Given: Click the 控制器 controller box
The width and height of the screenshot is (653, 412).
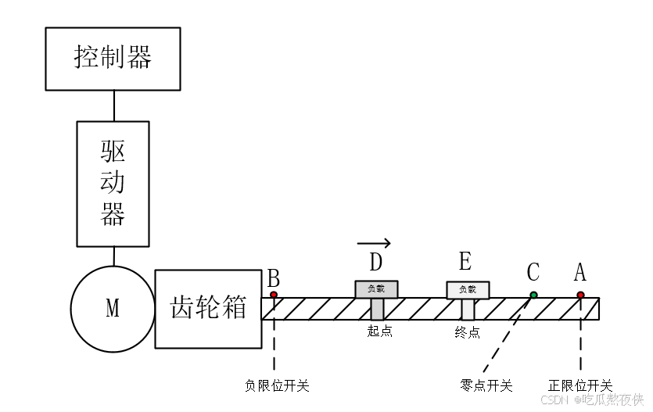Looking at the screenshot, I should pyautogui.click(x=113, y=58).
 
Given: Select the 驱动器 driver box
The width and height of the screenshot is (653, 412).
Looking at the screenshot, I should pyautogui.click(x=113, y=184).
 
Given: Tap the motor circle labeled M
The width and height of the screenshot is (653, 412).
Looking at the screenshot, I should pyautogui.click(x=112, y=308).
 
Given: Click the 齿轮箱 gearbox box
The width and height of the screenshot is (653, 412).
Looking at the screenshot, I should pyautogui.click(x=208, y=309).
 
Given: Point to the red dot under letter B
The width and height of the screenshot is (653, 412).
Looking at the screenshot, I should pyautogui.click(x=274, y=295).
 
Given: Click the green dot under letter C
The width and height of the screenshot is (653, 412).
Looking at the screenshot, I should pyautogui.click(x=533, y=295).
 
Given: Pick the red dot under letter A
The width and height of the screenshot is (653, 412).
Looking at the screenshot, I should pyautogui.click(x=580, y=295).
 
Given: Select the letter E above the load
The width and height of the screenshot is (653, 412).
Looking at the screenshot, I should pyautogui.click(x=465, y=261).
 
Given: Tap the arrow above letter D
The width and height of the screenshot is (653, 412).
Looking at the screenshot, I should pyautogui.click(x=374, y=242).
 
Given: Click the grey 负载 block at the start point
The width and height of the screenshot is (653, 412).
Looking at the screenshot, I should pyautogui.click(x=376, y=289).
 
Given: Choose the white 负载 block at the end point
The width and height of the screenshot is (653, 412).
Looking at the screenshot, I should pyautogui.click(x=468, y=290).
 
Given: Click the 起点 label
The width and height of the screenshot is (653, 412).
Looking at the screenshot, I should pyautogui.click(x=379, y=331).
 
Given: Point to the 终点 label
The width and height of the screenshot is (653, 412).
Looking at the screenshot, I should pyautogui.click(x=467, y=332).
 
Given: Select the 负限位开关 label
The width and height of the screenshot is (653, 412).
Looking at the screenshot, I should pyautogui.click(x=277, y=385).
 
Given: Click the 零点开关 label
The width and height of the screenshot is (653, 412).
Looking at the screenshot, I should pyautogui.click(x=486, y=385).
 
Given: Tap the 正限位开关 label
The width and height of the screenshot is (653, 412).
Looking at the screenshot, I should pyautogui.click(x=580, y=385).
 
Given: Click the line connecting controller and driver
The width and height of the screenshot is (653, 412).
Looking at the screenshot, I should pyautogui.click(x=114, y=106).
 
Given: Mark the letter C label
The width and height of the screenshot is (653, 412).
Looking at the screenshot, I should pyautogui.click(x=533, y=272).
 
